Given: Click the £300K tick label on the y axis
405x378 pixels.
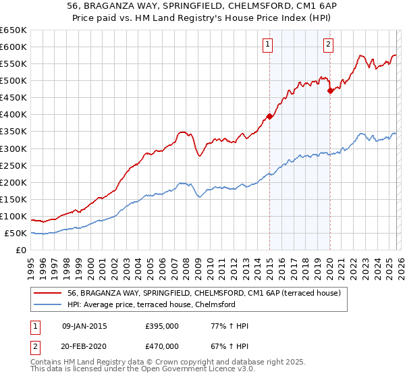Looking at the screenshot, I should click(x=13, y=148).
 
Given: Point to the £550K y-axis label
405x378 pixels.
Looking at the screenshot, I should click(x=13, y=63).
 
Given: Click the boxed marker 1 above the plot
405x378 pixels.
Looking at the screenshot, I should click(x=268, y=45).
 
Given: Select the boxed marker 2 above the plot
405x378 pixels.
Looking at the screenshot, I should click(x=328, y=45).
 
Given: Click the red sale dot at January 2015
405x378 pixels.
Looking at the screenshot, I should click(x=269, y=116).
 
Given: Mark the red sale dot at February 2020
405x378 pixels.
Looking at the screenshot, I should click(x=330, y=90).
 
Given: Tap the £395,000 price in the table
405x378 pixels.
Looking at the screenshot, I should click(x=161, y=326).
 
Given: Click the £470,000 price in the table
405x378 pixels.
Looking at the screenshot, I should click(x=161, y=346).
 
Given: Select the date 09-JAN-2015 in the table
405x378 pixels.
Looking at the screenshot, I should click(x=84, y=326).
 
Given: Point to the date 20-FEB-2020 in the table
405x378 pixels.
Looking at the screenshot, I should click(x=84, y=346).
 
